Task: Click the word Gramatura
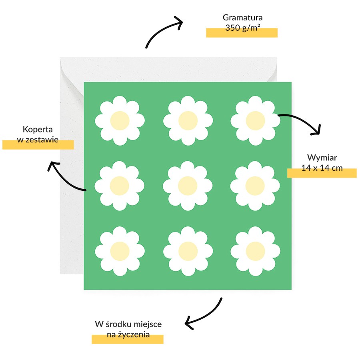(x=242, y=18)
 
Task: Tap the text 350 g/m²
(x=242, y=28)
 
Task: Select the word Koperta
(x=38, y=130)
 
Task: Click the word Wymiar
(x=322, y=158)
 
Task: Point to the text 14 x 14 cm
(x=322, y=168)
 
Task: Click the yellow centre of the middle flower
(x=188, y=186)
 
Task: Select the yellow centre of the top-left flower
(x=120, y=120)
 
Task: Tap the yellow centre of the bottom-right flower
(x=255, y=251)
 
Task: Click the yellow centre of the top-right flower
(x=255, y=120)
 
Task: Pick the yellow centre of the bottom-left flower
(x=120, y=251)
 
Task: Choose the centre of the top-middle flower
(x=188, y=120)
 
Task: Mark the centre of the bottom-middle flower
(x=188, y=251)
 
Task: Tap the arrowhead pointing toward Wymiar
(x=317, y=131)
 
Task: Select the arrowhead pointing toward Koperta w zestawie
(x=52, y=164)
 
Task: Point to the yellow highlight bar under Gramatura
(x=242, y=33)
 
